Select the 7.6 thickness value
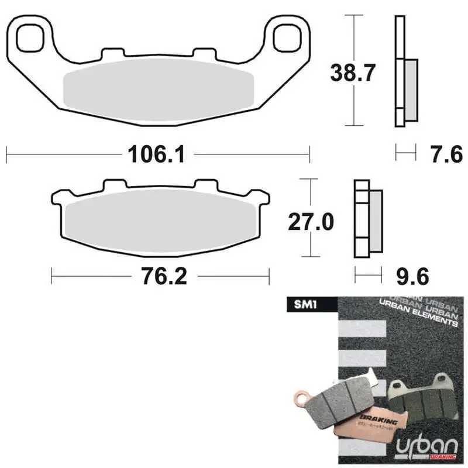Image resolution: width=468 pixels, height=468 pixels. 438,154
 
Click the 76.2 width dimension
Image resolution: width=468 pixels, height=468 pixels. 164,276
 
